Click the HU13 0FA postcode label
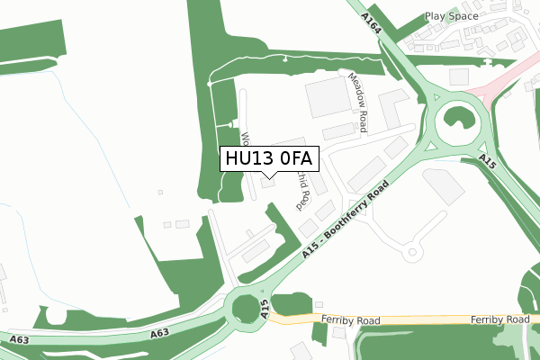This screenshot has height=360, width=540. pos(267,159)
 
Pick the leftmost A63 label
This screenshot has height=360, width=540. pos(21,339)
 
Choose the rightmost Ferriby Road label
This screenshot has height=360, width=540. pos(499,320)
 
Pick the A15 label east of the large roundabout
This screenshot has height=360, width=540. pos(488,160)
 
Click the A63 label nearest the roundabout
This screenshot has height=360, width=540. pos(159,333)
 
